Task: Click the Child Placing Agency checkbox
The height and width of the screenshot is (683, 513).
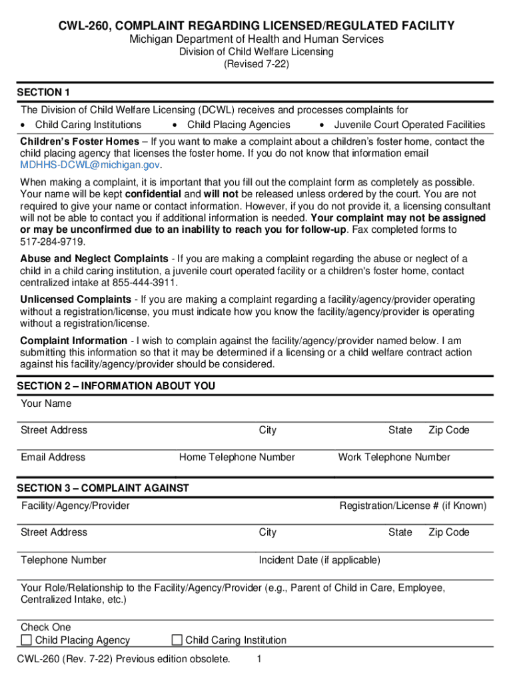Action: click(x=27, y=640)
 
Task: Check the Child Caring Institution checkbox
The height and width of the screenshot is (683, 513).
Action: click(x=177, y=640)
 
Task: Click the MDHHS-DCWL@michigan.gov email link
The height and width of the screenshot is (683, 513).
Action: click(x=91, y=165)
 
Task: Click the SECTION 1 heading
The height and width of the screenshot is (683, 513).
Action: click(x=43, y=92)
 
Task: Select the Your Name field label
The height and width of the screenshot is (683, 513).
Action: click(x=46, y=404)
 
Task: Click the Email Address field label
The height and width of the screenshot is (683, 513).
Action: click(x=53, y=457)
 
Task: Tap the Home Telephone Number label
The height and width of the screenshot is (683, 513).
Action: click(x=237, y=457)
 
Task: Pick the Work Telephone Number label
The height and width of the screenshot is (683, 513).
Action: click(x=394, y=457)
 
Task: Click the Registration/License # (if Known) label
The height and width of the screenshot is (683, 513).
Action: click(x=413, y=506)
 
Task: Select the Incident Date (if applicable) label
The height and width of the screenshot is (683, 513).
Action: click(x=320, y=560)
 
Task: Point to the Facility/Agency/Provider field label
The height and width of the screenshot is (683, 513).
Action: click(x=75, y=506)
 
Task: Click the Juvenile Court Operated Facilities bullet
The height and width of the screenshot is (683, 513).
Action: click(x=409, y=125)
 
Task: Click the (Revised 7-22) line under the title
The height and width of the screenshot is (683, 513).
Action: click(x=256, y=65)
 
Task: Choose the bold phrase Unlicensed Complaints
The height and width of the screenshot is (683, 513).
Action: click(x=75, y=299)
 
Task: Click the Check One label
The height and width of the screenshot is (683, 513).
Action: click(x=46, y=627)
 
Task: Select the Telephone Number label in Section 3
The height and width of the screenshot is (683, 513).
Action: click(x=63, y=560)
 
